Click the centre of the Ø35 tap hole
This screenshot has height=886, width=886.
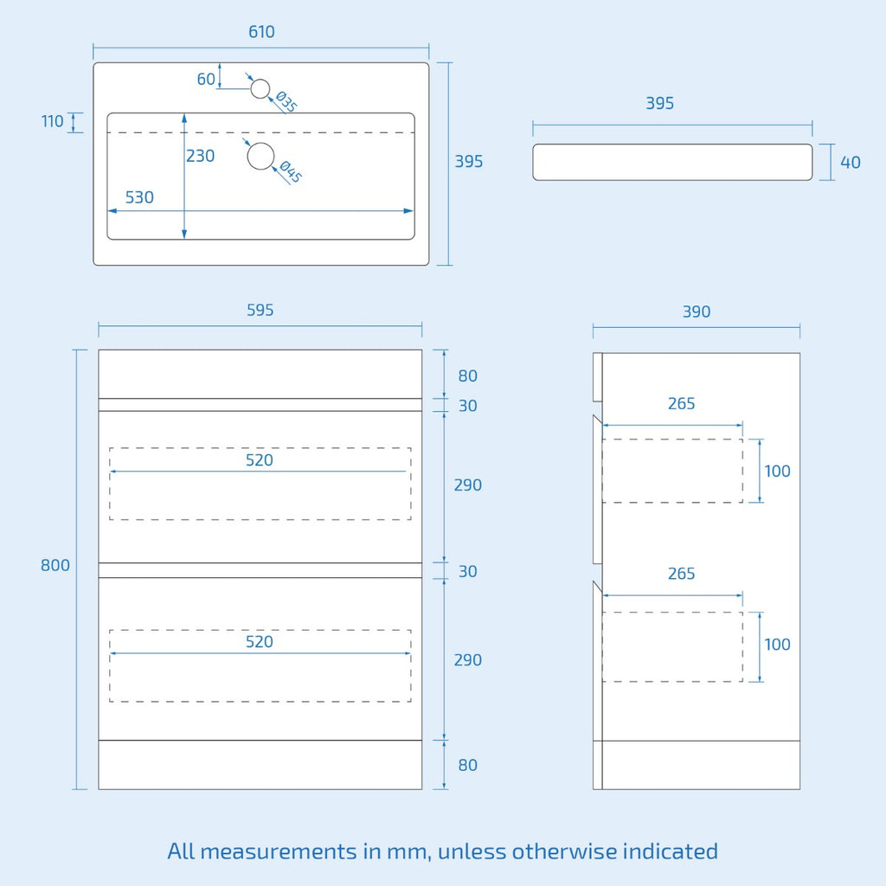pos(260,89)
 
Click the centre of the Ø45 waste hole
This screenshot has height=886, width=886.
pos(261,156)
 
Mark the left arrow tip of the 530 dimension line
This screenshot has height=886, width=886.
pos(108,211)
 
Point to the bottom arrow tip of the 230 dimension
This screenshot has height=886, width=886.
pos(184,239)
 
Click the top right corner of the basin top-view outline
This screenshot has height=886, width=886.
pos(429,62)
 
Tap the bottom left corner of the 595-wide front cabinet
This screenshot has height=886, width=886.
pos(99,789)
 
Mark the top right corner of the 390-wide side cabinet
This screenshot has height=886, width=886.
pos(800,353)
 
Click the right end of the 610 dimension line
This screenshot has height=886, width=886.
pos(429,48)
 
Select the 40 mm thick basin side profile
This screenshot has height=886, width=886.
pos(672,162)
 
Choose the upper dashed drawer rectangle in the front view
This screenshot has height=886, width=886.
pos(260,484)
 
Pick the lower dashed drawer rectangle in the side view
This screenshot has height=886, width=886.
pos(672,646)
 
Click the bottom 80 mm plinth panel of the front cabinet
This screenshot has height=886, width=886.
pos(260,765)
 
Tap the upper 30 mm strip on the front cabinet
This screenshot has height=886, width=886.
pos(260,405)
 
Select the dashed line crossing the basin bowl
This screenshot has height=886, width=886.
pos(261,132)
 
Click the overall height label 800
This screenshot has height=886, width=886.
pos(55,565)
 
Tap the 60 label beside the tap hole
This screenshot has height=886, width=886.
pos(206,79)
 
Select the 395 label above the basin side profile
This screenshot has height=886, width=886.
pos(660,104)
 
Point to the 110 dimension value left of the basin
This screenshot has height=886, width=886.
pos(53,121)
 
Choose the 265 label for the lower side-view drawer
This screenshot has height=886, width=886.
pos(682,574)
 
